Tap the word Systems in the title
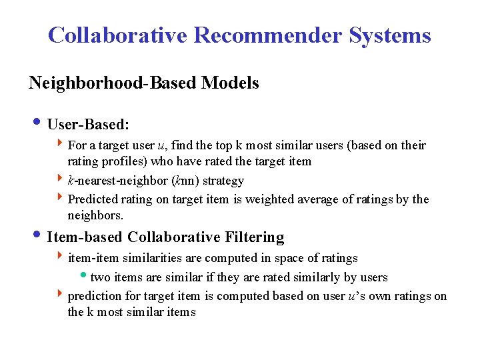390,35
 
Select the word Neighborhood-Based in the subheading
113,83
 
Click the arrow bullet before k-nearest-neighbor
61,180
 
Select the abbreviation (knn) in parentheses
185,181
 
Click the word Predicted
92,199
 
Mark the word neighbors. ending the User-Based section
95,215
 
